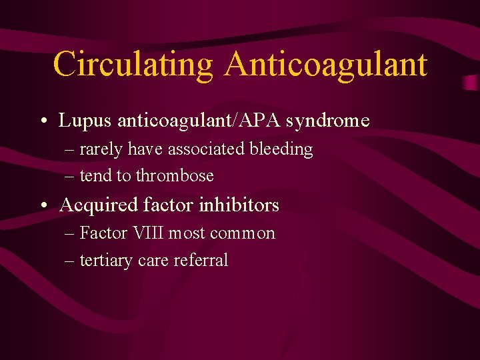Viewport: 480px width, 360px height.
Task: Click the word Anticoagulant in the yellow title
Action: point(326,65)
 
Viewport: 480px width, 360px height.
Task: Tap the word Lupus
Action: point(85,121)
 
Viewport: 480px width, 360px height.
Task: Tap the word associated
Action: point(206,149)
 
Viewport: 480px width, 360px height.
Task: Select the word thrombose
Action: point(175,176)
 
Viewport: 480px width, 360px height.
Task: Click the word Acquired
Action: point(98,205)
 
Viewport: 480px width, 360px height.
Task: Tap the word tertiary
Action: point(106,261)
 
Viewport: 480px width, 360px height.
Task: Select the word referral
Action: point(201,261)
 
